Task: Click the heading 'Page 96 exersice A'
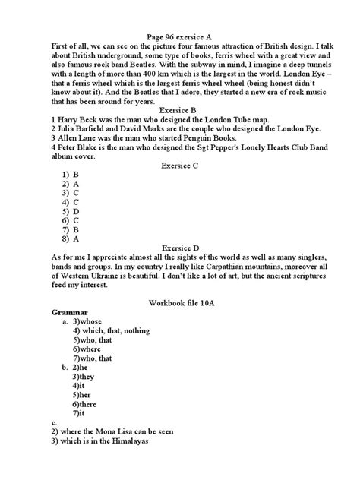point(181,35)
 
